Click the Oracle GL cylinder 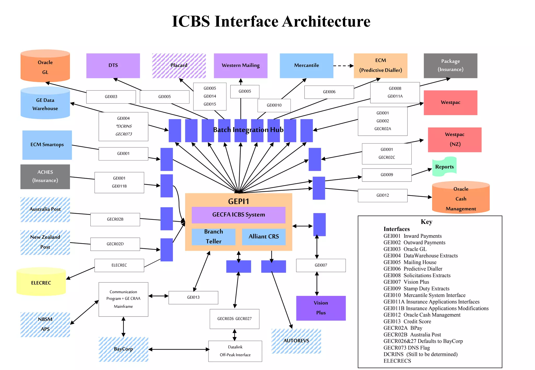coord(45,67)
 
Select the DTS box coord(113,65)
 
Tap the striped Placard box coord(179,65)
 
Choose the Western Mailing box coord(241,65)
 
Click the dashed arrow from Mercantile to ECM coord(343,66)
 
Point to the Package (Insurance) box coord(450,65)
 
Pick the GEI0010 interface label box coord(274,105)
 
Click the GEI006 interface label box coord(329,92)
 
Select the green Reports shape coord(444,166)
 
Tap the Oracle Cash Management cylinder coord(461,198)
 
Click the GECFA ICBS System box coord(239,215)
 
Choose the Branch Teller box coord(213,237)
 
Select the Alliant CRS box coord(264,237)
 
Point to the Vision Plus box coord(321,308)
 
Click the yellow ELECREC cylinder coord(41,282)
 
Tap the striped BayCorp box coord(123,349)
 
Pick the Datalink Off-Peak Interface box coord(235,351)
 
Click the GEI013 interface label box coord(193,297)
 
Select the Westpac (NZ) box coord(455,140)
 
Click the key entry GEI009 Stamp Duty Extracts coord(416,289)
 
